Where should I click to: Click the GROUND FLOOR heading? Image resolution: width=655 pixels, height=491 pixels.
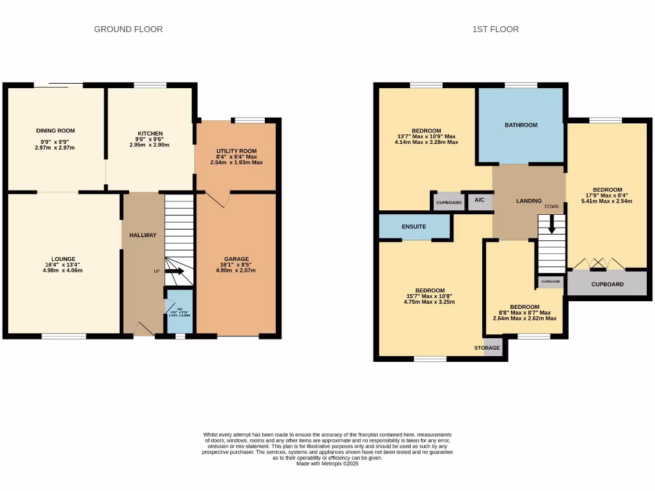[128, 29]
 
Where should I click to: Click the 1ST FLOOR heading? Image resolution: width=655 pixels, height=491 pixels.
[495, 29]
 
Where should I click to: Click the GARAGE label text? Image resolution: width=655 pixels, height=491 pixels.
[236, 259]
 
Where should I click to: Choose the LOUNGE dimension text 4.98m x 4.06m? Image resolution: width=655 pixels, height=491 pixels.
[63, 270]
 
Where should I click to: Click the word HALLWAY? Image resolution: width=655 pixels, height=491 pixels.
[143, 235]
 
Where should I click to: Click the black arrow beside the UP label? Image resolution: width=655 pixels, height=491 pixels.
[175, 272]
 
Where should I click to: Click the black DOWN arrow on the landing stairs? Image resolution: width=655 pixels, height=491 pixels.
[551, 225]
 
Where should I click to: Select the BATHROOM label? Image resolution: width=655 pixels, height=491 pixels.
[521, 125]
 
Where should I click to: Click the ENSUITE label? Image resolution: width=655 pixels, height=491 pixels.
[414, 226]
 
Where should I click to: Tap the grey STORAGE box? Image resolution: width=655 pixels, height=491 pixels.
[493, 348]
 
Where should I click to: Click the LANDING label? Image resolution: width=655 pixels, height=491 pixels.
[528, 201]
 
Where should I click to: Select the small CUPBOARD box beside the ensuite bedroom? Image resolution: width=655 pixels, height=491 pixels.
[448, 202]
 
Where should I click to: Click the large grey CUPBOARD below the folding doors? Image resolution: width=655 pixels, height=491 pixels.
[606, 284]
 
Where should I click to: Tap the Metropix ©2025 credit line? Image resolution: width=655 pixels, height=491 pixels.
[327, 464]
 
